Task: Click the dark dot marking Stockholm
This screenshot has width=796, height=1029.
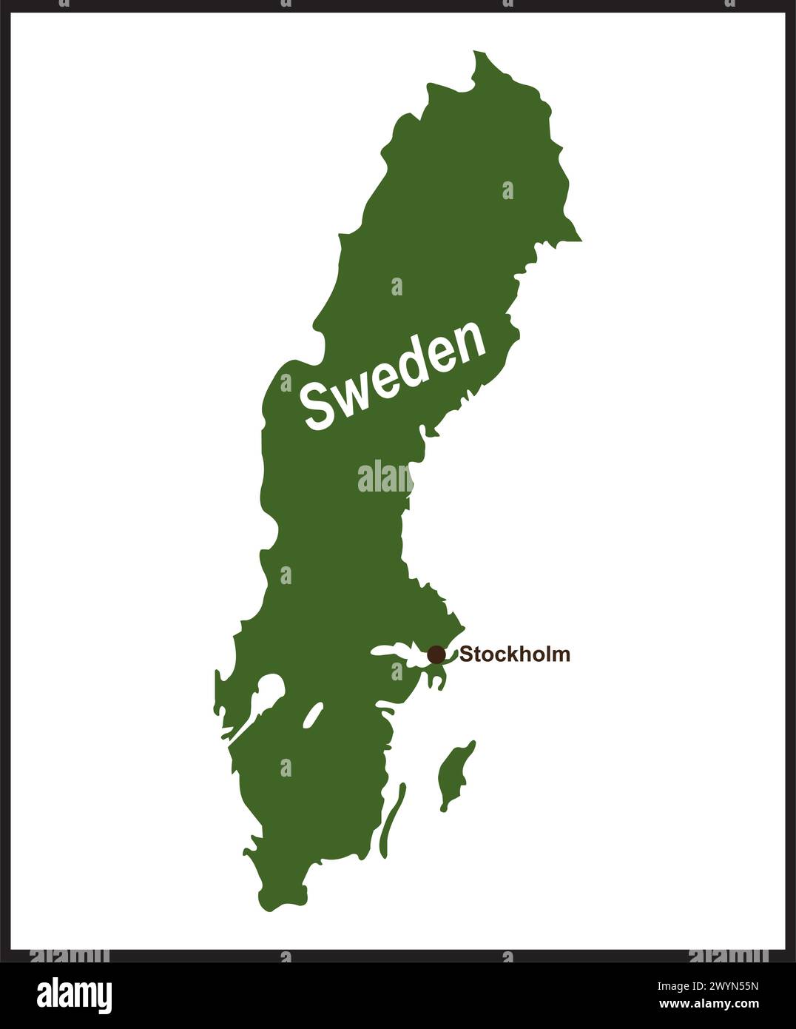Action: pos(436,654)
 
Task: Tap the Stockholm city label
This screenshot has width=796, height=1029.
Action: pos(515,654)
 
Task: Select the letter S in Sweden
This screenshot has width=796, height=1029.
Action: pos(319,406)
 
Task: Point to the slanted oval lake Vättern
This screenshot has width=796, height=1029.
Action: pos(313,715)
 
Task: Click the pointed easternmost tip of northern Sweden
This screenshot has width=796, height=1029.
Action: pos(581,240)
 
